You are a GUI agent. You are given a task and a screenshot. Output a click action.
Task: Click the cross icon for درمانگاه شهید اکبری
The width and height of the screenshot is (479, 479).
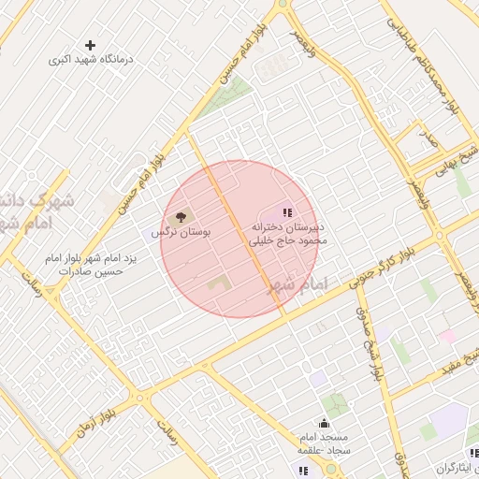pyautogui.click(x=90, y=45)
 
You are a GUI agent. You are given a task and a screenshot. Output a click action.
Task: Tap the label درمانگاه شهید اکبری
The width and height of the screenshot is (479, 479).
pyautogui.click(x=92, y=59)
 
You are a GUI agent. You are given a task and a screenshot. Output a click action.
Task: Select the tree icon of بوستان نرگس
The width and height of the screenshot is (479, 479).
pyautogui.click(x=181, y=216)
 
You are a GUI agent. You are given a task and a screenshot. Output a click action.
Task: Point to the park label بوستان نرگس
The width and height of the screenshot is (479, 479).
pyautogui.click(x=181, y=230)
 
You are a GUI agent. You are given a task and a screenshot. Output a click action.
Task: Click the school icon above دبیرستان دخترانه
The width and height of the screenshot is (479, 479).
pyautogui.click(x=287, y=213)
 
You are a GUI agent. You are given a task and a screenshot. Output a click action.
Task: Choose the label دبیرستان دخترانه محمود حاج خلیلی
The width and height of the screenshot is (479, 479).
pyautogui.click(x=287, y=233)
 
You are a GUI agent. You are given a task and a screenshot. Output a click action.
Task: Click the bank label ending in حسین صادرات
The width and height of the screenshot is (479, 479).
pyautogui.click(x=85, y=264)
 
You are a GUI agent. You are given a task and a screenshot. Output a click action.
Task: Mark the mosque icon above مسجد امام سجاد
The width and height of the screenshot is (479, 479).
pyautogui.click(x=324, y=423)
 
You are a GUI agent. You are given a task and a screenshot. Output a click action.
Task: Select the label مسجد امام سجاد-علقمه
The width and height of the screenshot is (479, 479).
pyautogui.click(x=323, y=443)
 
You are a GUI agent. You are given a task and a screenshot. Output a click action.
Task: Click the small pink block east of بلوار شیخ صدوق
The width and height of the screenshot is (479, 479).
pyautogui.click(x=447, y=335)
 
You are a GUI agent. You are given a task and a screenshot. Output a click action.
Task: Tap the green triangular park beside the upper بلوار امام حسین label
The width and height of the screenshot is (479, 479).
pyautogui.click(x=230, y=94)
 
